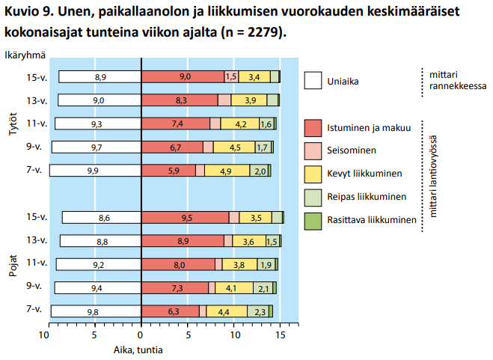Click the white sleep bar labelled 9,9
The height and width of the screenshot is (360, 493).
click(95, 171)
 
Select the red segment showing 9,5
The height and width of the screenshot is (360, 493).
click(186, 218)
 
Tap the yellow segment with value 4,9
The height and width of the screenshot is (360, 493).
click(227, 171)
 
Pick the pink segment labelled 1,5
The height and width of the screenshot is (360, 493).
click(231, 77)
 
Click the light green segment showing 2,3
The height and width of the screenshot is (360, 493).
click(258, 311)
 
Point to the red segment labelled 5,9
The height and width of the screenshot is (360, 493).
click(168, 171)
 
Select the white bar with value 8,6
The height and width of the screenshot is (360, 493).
click(102, 218)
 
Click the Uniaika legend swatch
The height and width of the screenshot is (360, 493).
click(313, 81)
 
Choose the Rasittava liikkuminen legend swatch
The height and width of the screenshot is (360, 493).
click(313, 222)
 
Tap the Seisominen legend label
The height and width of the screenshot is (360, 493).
click(352, 150)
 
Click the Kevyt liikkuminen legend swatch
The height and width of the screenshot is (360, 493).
click(313, 174)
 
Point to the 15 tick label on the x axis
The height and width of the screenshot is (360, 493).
click(280, 335)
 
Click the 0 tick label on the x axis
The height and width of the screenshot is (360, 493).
click(140, 335)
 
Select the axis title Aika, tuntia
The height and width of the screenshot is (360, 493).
click(138, 350)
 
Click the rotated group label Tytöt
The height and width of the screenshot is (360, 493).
click(13, 124)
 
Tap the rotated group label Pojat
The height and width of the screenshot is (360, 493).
click(13, 266)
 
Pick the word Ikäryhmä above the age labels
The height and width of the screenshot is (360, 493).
click(25, 55)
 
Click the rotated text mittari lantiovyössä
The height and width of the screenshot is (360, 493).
click(433, 176)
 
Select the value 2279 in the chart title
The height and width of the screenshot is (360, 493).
click(263, 31)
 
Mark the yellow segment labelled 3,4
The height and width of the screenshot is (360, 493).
click(254, 77)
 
